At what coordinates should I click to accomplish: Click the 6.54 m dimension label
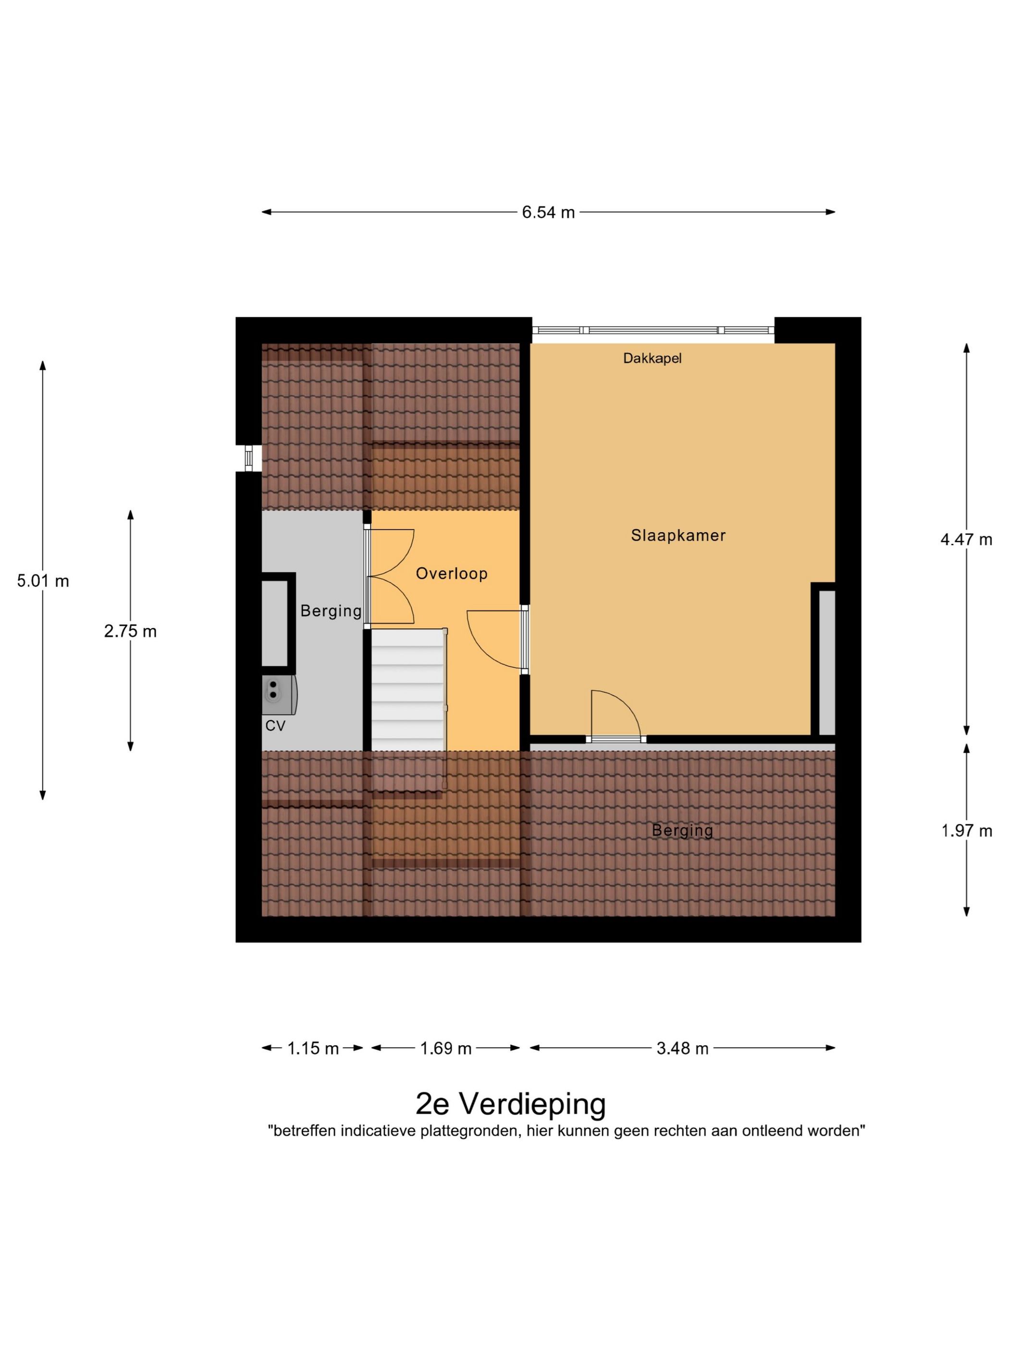pyautogui.click(x=547, y=212)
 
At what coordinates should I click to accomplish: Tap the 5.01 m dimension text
pyautogui.click(x=43, y=581)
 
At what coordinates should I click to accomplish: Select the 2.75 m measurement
pyautogui.click(x=130, y=631)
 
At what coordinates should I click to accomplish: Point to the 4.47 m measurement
pyautogui.click(x=966, y=539)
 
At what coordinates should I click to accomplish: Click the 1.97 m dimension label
pyautogui.click(x=966, y=831)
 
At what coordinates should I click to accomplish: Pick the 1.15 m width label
pyautogui.click(x=313, y=1048)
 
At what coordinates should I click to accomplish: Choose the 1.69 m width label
pyautogui.click(x=446, y=1048)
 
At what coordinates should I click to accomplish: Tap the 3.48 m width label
pyautogui.click(x=682, y=1048)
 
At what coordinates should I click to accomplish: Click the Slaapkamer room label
pyautogui.click(x=677, y=536)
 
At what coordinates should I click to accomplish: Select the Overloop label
pyautogui.click(x=451, y=574)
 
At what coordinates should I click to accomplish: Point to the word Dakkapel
pyautogui.click(x=652, y=358)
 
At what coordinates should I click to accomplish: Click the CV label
pyautogui.click(x=275, y=725)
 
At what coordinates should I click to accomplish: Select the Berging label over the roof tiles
pyautogui.click(x=682, y=830)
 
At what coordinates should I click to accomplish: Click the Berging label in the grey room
pyautogui.click(x=331, y=611)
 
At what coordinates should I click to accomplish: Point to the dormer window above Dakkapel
pyautogui.click(x=652, y=330)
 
